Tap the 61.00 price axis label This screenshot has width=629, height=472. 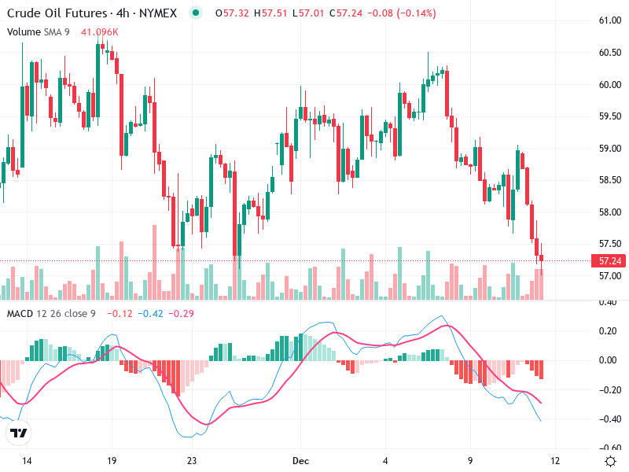610,20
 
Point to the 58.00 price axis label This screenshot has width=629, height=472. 610,212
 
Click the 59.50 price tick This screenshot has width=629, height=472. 610,116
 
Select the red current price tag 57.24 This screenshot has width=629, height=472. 611,260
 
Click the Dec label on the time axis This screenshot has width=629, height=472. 300,460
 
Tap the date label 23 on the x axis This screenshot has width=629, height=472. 191,460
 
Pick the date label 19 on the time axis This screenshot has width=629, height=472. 111,460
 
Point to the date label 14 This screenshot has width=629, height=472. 27,460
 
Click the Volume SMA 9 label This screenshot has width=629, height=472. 39,31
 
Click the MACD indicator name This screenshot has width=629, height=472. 20,314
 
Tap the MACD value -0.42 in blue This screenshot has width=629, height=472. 150,314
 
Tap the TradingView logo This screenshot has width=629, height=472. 18,433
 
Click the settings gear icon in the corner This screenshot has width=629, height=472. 609,460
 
